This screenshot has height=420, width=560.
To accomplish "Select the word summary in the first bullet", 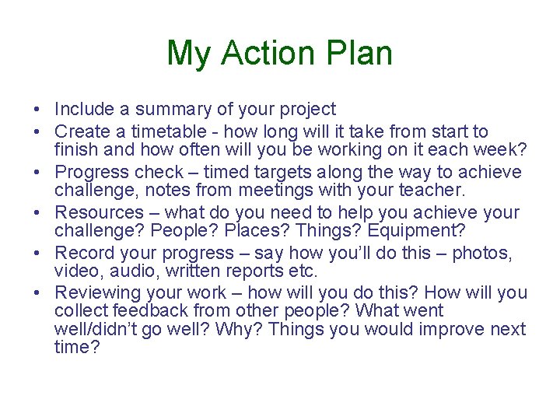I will pos(164,110).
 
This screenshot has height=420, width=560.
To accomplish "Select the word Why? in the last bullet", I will pos(243,329).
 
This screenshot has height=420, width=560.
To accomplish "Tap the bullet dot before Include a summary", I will pos(37,110).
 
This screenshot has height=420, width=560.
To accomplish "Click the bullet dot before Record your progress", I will pos(37,253).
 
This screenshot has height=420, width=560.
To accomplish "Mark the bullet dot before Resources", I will pos(37,212).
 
